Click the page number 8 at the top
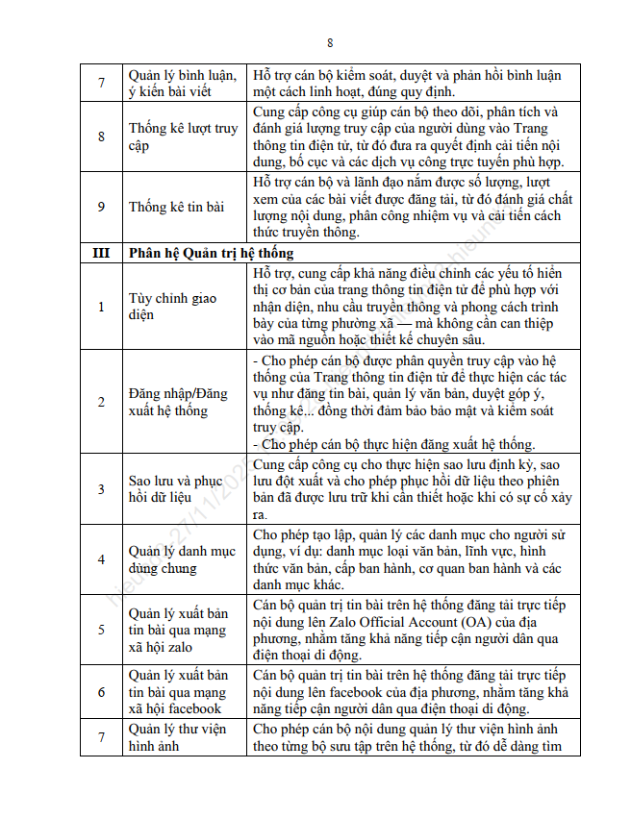[330, 43]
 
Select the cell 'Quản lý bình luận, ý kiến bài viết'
[182, 84]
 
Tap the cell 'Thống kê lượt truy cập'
[183, 136]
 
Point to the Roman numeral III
[101, 254]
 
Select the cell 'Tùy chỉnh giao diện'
[173, 307]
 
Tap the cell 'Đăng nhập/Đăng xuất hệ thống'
[178, 402]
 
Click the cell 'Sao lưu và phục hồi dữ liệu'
[176, 489]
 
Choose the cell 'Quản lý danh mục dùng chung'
[182, 559]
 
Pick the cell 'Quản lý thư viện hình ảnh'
[178, 737]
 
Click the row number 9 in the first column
[101, 207]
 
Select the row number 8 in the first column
[101, 136]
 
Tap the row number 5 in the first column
[101, 630]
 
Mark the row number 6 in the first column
[101, 691]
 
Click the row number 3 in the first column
[101, 489]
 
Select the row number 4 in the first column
[101, 559]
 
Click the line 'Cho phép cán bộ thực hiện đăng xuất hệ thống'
[397, 444]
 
